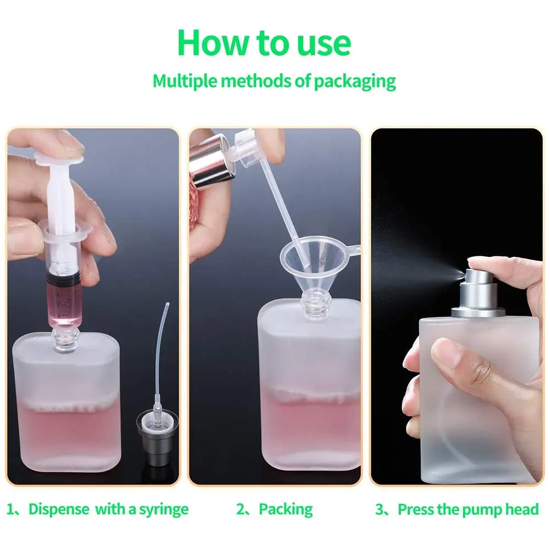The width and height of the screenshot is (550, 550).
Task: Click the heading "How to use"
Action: (264, 43)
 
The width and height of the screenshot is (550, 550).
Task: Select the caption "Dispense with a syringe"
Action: (108, 509)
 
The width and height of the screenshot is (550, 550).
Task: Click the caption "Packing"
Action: (285, 509)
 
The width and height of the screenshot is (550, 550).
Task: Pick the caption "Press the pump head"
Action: (468, 509)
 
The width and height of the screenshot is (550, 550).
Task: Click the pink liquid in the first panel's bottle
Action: (66, 435)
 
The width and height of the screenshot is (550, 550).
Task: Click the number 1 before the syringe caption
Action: (11, 509)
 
